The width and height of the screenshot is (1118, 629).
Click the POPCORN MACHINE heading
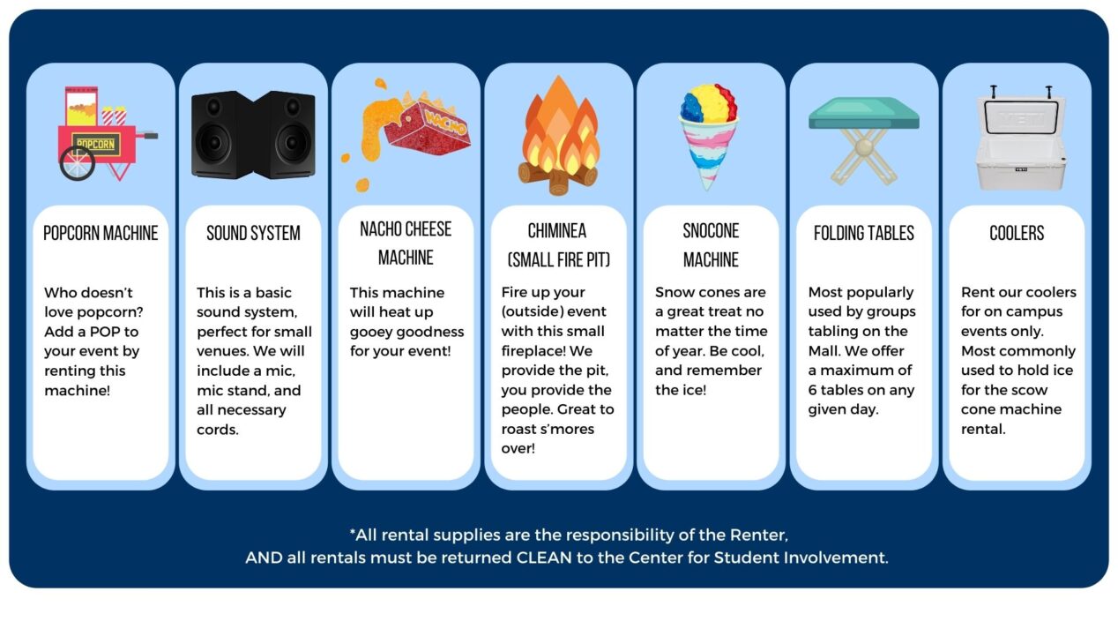pos(101,233)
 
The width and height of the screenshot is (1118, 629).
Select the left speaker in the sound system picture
pos(222,135)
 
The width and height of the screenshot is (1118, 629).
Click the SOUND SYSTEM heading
pos(254,233)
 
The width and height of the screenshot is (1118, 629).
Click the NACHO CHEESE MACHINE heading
pos(406,243)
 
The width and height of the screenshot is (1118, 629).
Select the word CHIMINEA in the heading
pos(557,230)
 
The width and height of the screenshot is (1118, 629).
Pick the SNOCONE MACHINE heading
pos(711,245)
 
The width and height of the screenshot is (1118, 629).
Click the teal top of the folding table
pos(863,113)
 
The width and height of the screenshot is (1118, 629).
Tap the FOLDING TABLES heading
pos(864,233)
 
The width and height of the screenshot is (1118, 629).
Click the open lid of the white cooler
pos(1021,115)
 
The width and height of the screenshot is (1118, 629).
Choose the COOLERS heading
pos(1017,233)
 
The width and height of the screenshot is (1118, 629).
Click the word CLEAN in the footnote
pos(544,558)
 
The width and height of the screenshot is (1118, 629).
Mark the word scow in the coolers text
pos(1032,391)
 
